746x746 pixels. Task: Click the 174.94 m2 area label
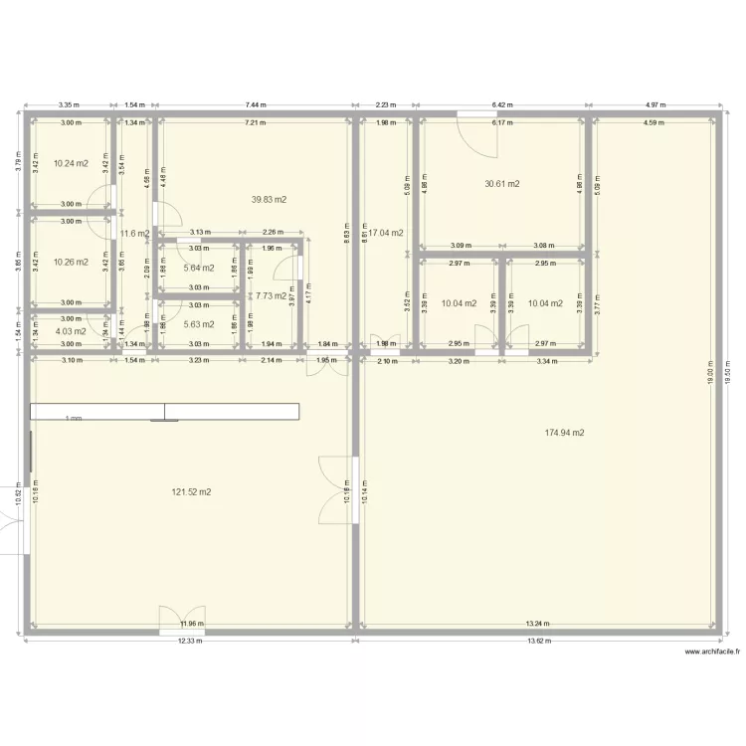click(564, 433)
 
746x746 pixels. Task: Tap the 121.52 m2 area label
click(191, 491)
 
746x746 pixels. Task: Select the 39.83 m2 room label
click(269, 199)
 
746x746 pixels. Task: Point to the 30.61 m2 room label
click(502, 184)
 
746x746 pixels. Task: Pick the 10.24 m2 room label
click(71, 163)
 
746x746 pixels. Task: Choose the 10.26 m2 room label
click(71, 263)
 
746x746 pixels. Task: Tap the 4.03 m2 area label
click(71, 331)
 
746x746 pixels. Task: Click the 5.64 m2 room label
click(199, 268)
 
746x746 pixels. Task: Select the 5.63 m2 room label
click(199, 323)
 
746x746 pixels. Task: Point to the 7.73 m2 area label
click(270, 295)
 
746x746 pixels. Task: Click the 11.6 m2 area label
click(134, 234)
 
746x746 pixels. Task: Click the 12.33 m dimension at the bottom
click(189, 641)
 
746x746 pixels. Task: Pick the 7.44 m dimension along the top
click(256, 104)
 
